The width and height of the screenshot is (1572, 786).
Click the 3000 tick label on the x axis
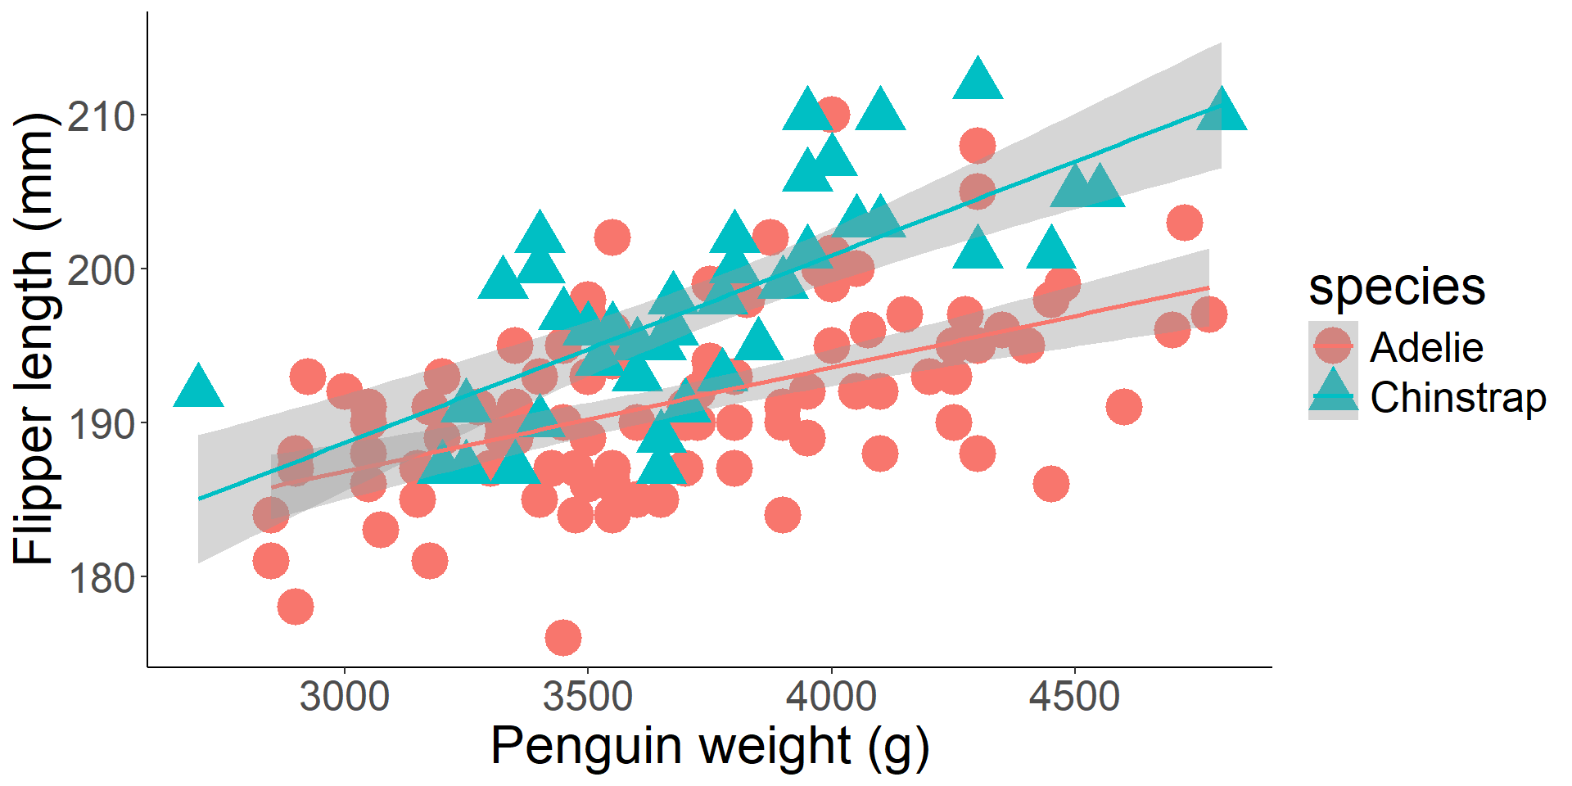pos(344,698)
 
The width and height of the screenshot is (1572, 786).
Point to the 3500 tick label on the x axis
pos(587,698)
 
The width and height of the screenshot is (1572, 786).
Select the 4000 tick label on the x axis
pos(831,698)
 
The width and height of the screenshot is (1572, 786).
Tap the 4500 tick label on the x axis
pos(1074,698)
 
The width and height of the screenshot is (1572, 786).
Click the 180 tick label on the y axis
pos(101,578)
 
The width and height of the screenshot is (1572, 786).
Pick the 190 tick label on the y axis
pos(101,424)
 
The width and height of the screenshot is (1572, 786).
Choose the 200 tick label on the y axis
pos(101,270)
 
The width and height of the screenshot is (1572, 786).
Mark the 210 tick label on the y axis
pos(101,116)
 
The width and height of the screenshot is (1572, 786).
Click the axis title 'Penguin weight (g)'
pos(709,747)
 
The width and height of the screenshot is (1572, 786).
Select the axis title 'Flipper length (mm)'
pos(34,339)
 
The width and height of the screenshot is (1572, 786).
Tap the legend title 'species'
pos(1397,287)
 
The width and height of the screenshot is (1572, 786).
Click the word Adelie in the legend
pos(1426,347)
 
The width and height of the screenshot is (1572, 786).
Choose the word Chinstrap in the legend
pos(1458,398)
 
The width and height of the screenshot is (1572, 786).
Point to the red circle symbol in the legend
pos(1333,346)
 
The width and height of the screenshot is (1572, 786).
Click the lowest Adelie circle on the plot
pos(563,637)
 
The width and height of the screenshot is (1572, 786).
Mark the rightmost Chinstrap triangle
pos(1222,112)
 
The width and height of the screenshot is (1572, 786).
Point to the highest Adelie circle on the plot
pos(832,115)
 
